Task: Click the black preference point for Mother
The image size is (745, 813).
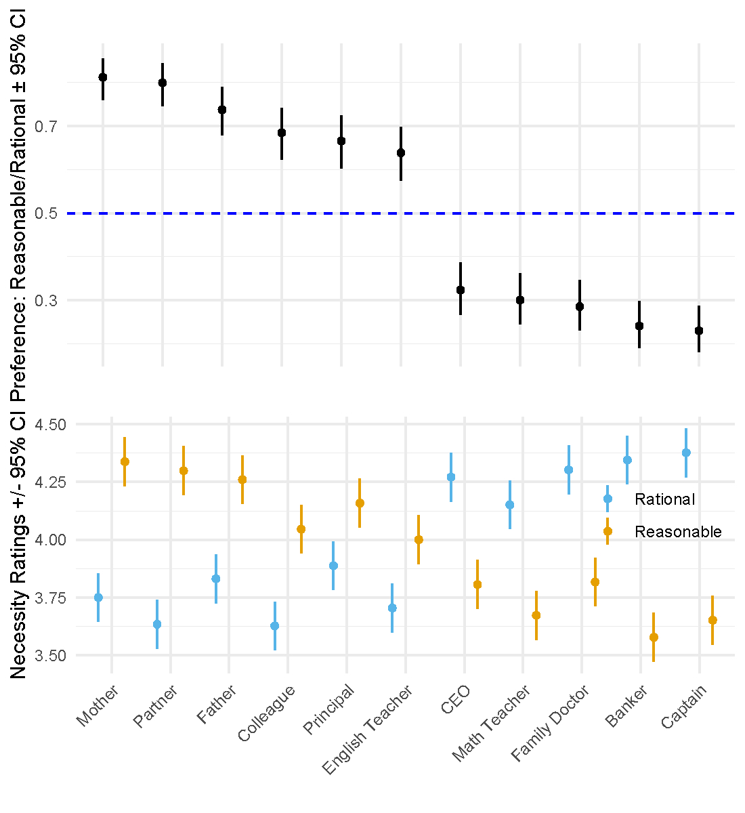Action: [x=103, y=77]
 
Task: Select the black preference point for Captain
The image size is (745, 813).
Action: [x=699, y=331]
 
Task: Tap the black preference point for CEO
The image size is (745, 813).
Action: [x=461, y=290]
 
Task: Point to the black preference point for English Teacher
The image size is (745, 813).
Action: [x=401, y=153]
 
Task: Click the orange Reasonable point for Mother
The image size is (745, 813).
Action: [x=125, y=462]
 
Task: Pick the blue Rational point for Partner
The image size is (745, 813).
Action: [x=157, y=625]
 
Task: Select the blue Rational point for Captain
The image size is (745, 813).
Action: [x=686, y=453]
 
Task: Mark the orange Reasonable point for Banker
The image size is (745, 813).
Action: [x=654, y=638]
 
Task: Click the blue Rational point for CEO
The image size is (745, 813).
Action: [x=451, y=477]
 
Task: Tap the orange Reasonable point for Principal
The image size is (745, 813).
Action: [x=360, y=503]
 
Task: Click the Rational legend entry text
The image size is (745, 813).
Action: [x=664, y=500]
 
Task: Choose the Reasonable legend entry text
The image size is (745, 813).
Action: [x=678, y=533]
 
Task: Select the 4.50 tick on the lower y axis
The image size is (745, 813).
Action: [x=51, y=425]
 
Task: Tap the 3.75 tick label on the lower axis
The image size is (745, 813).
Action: [x=51, y=598]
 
